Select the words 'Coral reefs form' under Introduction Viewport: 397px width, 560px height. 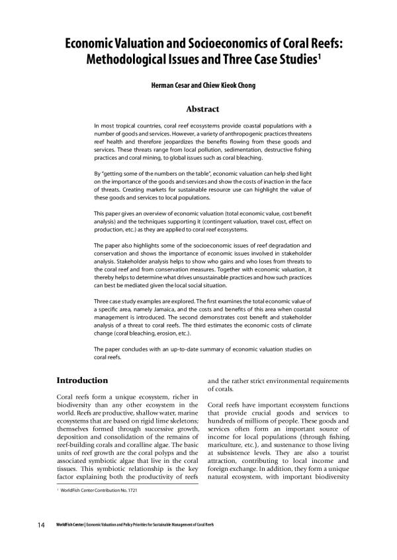pos(77,396)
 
